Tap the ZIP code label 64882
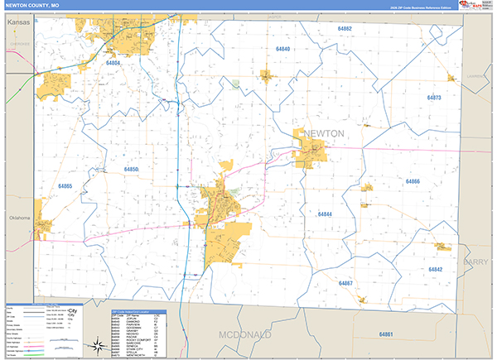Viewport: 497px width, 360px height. (345, 29)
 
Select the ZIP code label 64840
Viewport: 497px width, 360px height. (282, 50)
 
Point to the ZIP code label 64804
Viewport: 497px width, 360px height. (113, 63)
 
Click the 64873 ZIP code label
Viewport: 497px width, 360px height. (434, 98)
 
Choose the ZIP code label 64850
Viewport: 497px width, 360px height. (132, 170)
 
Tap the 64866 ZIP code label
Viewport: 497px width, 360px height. (413, 181)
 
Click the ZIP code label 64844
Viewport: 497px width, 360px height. (325, 214)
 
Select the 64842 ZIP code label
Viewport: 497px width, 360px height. (436, 270)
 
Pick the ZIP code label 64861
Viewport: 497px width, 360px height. (385, 334)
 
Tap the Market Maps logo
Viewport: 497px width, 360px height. (475, 5)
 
